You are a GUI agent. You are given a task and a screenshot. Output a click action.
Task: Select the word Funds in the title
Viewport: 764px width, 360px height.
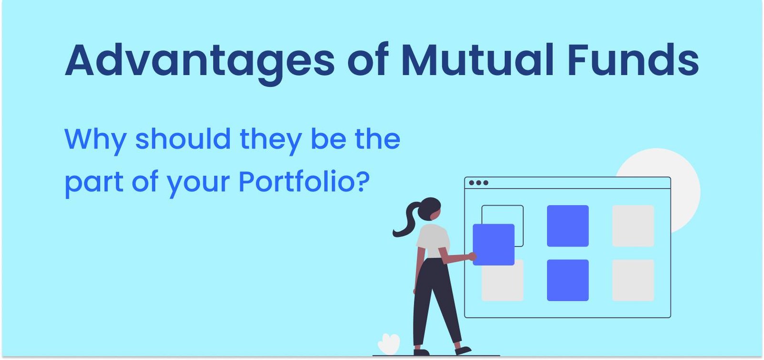tap(633, 60)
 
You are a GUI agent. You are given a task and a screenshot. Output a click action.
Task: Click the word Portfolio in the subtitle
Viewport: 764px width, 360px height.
tap(297, 182)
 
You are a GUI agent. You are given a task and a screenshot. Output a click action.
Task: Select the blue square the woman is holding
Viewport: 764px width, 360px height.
tap(494, 244)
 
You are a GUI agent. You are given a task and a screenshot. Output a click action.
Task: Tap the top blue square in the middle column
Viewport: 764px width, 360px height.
tap(567, 226)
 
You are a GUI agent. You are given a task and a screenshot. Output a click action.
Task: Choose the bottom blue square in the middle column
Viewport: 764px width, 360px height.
tap(567, 280)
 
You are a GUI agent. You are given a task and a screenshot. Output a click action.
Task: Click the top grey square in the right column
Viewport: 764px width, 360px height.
tap(633, 226)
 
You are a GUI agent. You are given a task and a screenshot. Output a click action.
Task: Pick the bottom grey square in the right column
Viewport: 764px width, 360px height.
tap(633, 280)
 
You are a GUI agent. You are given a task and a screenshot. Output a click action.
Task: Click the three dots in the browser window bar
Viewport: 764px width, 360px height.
tap(478, 183)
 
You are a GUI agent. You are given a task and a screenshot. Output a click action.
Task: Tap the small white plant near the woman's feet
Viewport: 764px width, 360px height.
tap(388, 344)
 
